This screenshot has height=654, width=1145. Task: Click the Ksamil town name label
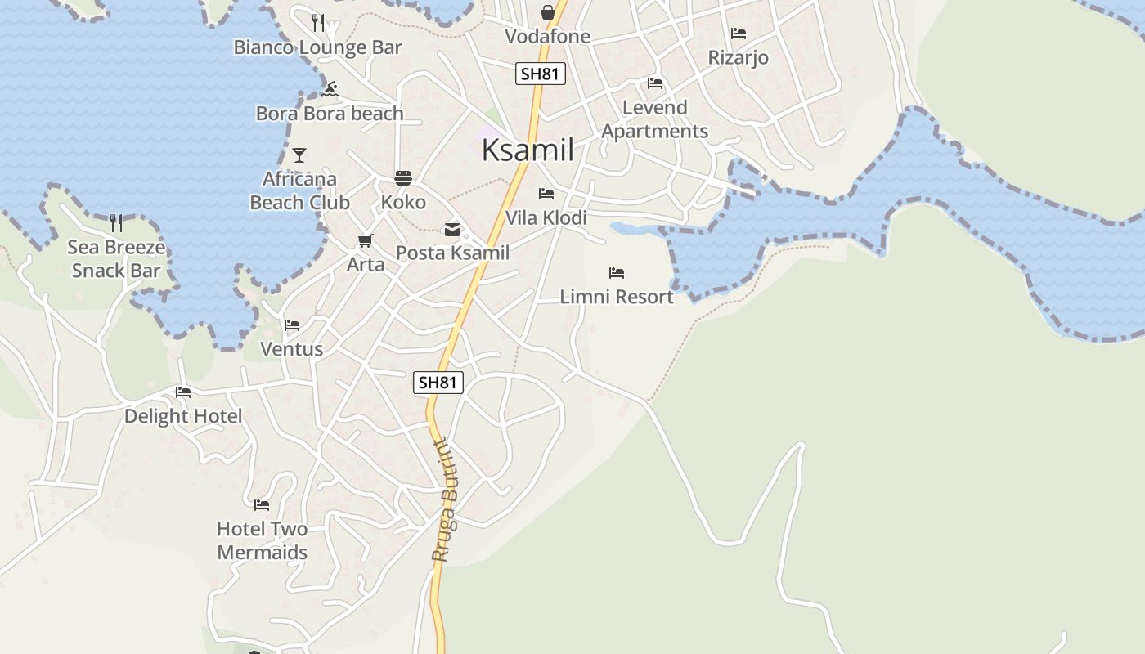coord(528,150)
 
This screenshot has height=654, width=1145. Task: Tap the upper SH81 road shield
coord(541,74)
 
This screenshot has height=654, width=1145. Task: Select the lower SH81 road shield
coord(438,382)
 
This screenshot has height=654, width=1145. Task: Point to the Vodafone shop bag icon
coord(547,12)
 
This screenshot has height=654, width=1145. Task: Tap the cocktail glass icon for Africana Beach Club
coord(299,155)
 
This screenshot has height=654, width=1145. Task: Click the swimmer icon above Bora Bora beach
coord(330,89)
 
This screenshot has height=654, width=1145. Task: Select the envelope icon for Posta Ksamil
coord(452,230)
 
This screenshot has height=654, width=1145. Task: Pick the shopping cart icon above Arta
coord(365,241)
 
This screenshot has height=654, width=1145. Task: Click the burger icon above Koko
coord(402,177)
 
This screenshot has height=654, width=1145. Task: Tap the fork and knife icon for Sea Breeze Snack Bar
coord(116,222)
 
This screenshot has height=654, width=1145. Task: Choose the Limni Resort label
coord(617,297)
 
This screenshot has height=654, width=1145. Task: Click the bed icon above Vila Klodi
coord(546,194)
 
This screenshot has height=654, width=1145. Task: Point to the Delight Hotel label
coord(183,416)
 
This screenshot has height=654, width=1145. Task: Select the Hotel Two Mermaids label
coord(262,540)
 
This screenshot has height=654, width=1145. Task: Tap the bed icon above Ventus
coord(292,325)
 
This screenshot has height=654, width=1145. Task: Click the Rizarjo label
coord(738,58)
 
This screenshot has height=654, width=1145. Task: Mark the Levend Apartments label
coord(655,119)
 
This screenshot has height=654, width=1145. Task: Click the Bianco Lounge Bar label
coord(318,47)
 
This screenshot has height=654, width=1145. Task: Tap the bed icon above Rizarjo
coord(739,34)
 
